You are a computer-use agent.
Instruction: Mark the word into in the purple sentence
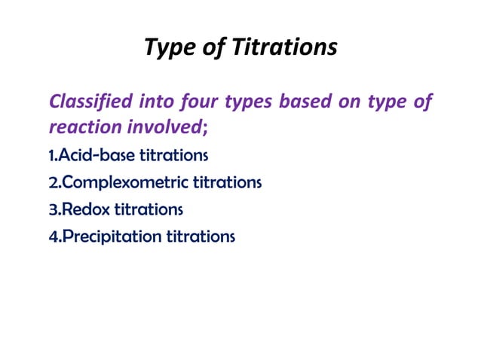pos(157,102)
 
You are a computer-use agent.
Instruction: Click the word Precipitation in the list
pos(111,236)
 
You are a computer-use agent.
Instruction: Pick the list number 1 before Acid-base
pos(51,156)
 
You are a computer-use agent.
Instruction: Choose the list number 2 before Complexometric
pos(52,182)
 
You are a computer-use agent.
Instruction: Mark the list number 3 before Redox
pos(52,209)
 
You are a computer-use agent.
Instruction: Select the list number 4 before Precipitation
pos(53,236)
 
